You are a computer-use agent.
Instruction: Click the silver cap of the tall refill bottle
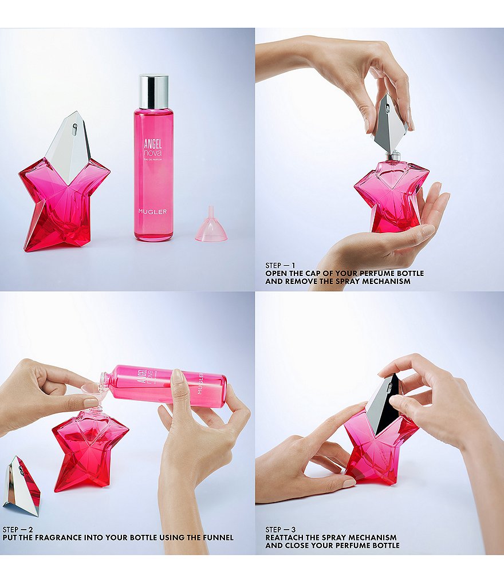click(x=153, y=91)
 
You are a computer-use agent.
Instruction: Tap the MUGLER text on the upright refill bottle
click(x=152, y=212)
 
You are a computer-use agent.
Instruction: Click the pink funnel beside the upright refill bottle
click(x=210, y=228)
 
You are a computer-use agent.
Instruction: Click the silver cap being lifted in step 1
click(x=391, y=123)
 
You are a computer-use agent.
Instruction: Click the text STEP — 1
click(x=281, y=266)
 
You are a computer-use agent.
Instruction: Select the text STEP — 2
click(x=18, y=529)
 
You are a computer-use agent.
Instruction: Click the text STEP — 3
click(x=281, y=529)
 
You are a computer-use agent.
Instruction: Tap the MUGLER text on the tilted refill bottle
click(x=200, y=384)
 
